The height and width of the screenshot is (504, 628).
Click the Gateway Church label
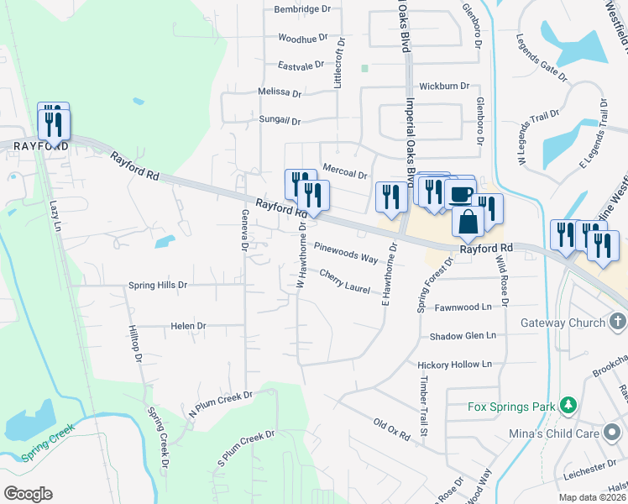(562, 323)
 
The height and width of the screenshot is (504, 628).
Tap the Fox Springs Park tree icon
(568, 407)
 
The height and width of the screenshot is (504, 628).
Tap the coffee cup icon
(460, 194)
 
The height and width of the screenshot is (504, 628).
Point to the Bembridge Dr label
(303, 9)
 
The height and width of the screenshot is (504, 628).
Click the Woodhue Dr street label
(302, 39)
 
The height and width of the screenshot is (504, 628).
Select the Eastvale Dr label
(301, 65)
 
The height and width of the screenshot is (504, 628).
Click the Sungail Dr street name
(280, 121)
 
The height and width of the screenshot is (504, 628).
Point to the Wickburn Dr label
(444, 87)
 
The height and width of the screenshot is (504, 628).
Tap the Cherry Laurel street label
(345, 281)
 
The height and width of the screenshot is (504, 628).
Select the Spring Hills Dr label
(157, 286)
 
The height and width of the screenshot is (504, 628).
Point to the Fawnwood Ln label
(463, 308)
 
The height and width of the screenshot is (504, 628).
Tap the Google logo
(28, 494)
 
